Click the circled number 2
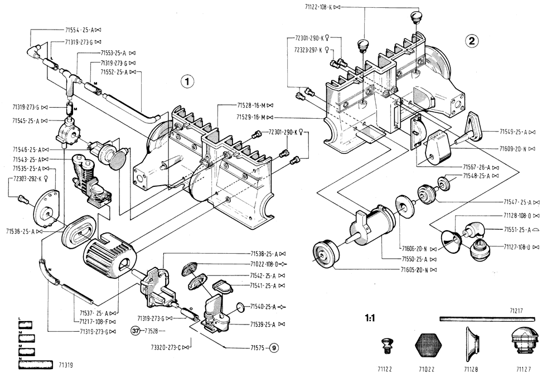(472, 40)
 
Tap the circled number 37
(135, 331)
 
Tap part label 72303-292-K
(28, 178)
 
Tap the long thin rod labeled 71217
(486, 319)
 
